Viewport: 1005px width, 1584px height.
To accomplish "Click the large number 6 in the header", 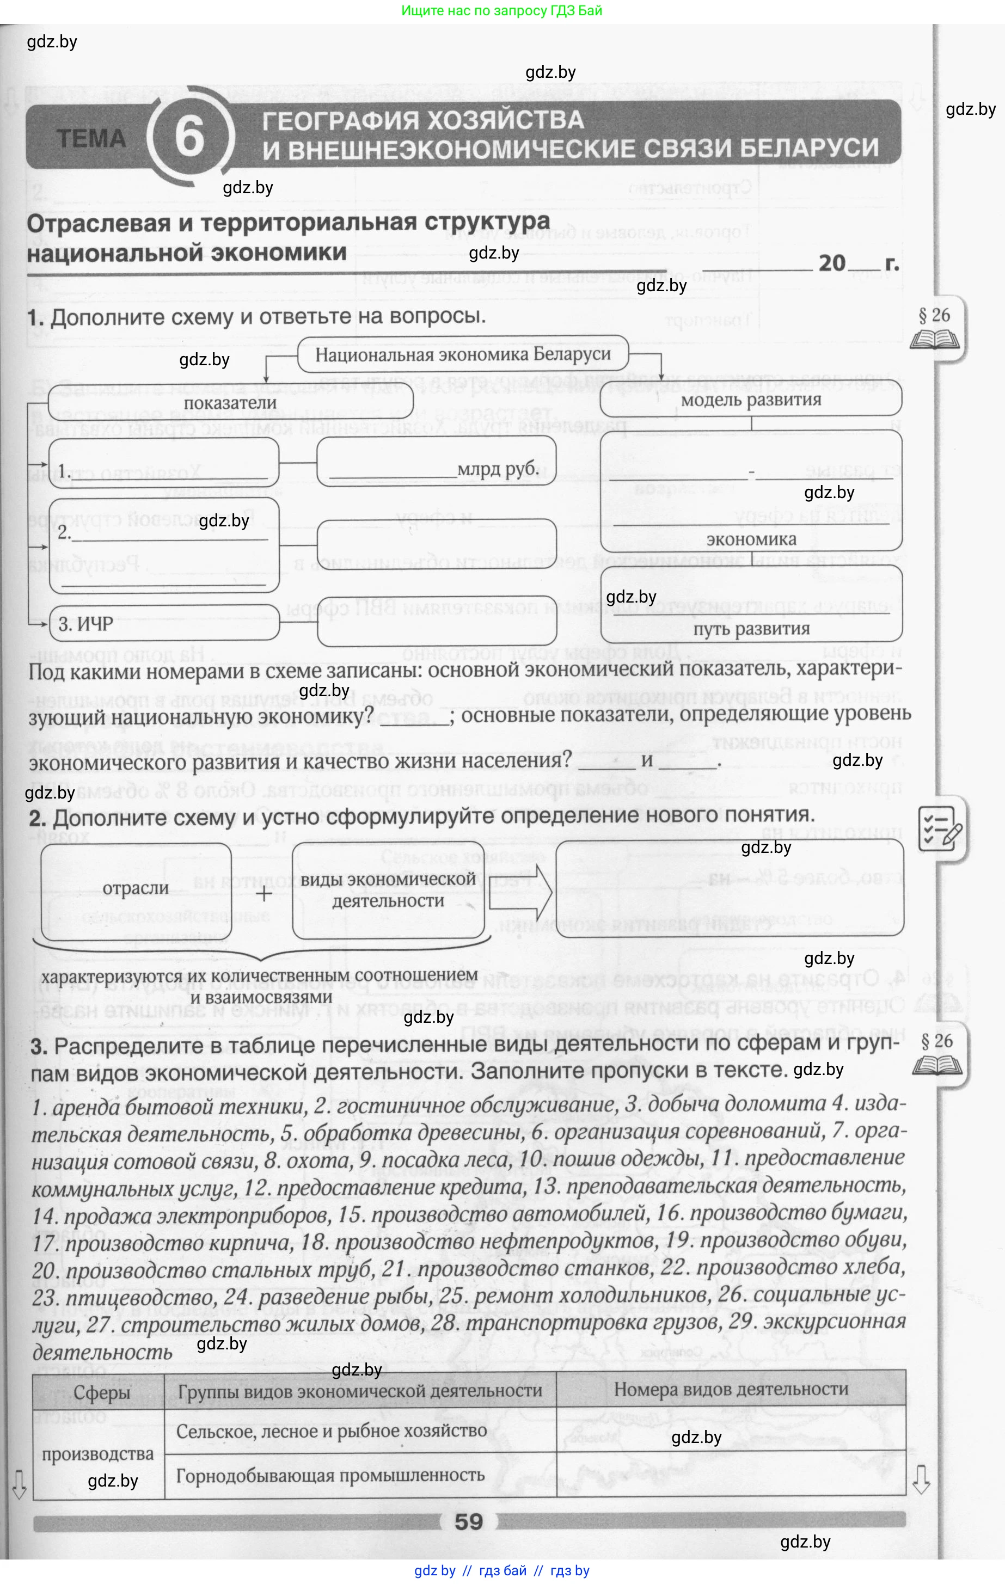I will coord(189,137).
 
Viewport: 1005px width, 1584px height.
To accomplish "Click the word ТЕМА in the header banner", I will coord(91,139).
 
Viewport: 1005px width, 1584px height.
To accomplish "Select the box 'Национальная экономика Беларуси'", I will coord(463,355).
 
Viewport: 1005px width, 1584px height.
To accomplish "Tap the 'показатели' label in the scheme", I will coord(230,403).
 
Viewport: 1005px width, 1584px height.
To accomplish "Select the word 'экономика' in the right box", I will coord(751,539).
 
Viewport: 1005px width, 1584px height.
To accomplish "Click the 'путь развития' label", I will coord(751,629).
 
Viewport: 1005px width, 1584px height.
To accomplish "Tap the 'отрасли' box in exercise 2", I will coord(136,889).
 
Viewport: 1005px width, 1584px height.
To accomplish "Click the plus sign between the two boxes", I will coord(263,894).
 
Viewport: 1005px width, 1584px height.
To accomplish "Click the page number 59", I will coord(468,1521).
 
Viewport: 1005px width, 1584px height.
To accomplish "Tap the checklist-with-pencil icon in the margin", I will coord(941,827).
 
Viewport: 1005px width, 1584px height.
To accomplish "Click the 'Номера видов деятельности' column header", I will coord(731,1389).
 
